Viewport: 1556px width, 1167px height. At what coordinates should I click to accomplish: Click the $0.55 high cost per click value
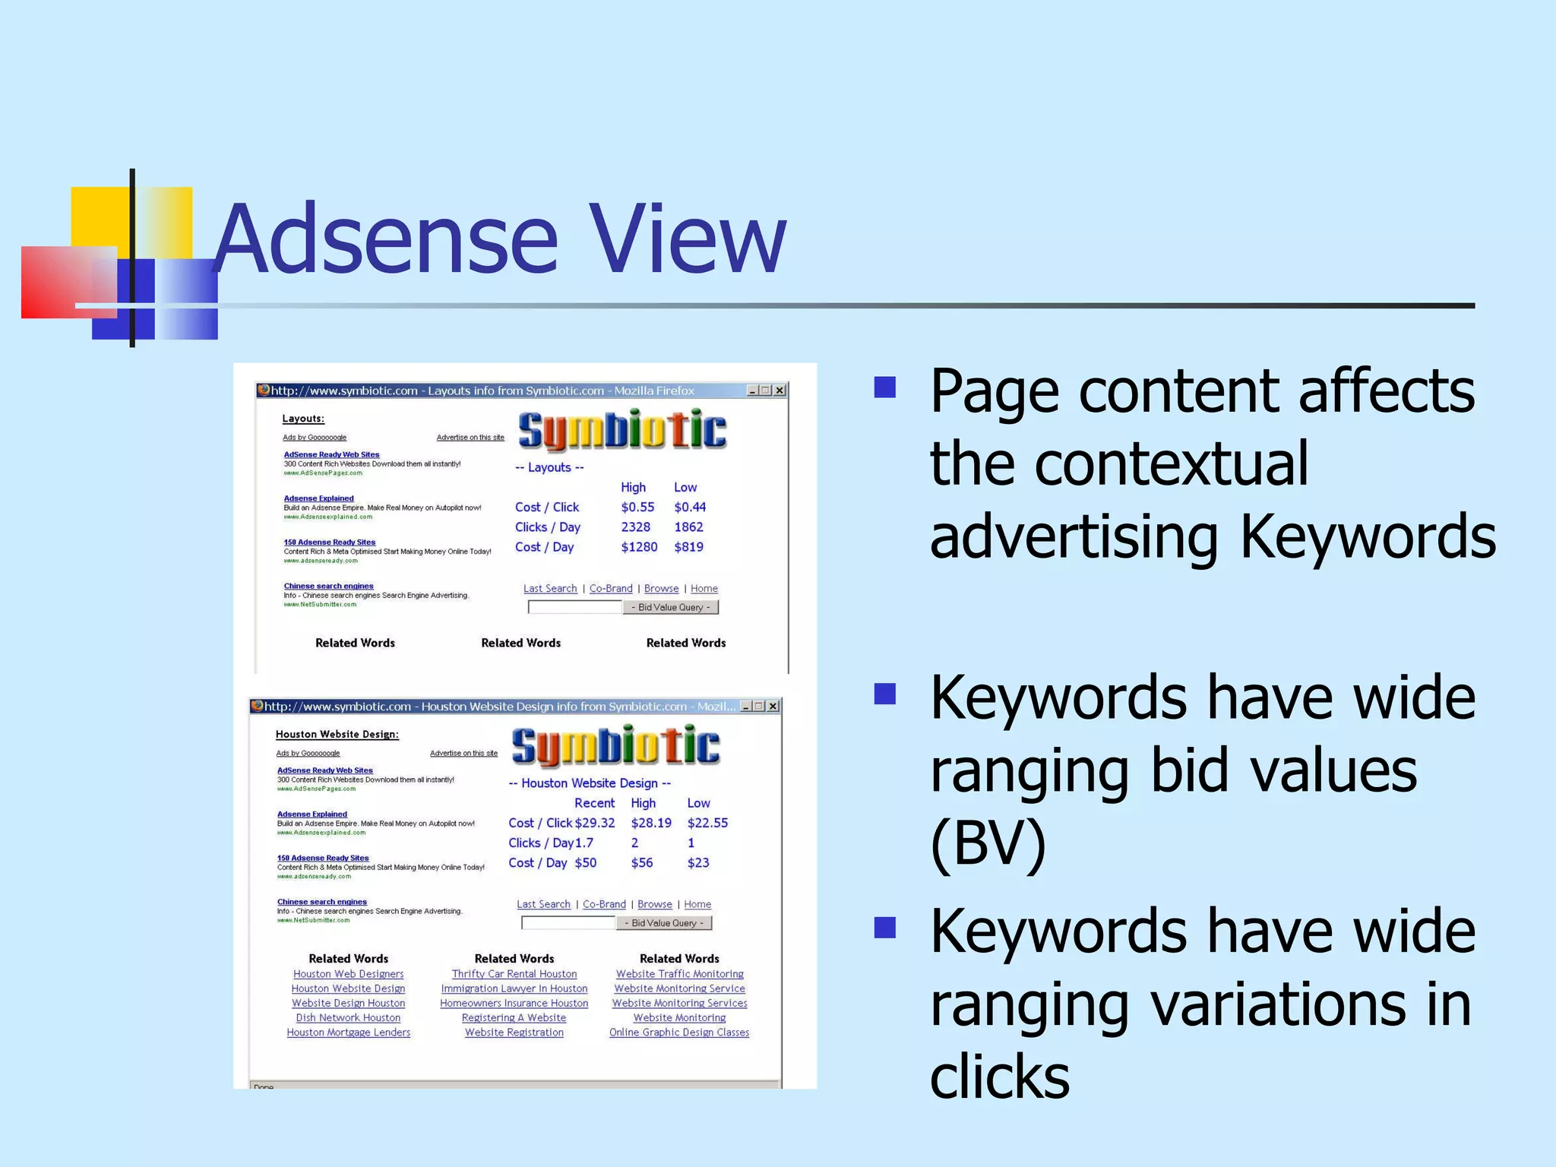tap(637, 507)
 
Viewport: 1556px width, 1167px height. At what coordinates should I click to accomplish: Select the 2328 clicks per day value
tap(635, 527)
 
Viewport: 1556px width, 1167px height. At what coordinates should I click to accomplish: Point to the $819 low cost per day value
tap(688, 546)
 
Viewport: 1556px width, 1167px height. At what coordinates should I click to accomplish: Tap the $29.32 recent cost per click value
tap(595, 823)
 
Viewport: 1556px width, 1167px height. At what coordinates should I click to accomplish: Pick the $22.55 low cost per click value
tap(707, 823)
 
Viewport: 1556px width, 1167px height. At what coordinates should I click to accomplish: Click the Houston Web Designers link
tap(348, 974)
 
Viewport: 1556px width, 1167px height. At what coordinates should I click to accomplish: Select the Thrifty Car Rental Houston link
tap(514, 974)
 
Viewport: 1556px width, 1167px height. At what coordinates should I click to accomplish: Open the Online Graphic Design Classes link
tap(679, 1033)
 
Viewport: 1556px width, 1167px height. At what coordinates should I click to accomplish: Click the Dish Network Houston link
tap(348, 1018)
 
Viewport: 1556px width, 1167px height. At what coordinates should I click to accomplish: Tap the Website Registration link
tap(514, 1033)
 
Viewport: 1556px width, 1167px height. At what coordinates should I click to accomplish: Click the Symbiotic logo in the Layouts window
tap(622, 430)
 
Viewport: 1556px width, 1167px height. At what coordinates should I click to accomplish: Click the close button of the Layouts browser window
tap(780, 391)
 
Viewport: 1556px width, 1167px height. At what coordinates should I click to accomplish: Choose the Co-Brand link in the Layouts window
tap(611, 589)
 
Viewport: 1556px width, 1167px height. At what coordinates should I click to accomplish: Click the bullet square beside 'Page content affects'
tap(885, 387)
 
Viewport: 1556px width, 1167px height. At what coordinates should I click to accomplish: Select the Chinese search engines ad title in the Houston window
tap(322, 902)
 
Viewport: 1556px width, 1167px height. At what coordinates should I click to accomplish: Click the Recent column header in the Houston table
tap(594, 803)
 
